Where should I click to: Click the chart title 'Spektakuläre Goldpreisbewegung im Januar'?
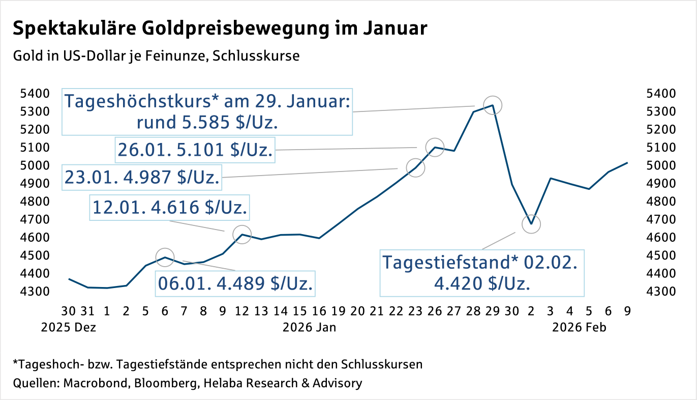click(x=220, y=29)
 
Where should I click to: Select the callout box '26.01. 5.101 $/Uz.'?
click(x=195, y=150)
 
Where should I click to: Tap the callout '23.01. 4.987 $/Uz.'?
click(x=142, y=177)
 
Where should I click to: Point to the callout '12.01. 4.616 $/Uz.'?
click(x=170, y=207)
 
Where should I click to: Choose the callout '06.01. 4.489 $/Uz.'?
click(x=235, y=283)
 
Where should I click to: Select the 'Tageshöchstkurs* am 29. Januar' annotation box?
click(x=207, y=112)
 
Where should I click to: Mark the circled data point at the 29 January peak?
click(x=492, y=105)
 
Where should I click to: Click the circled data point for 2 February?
click(x=531, y=224)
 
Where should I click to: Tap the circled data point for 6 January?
click(x=165, y=257)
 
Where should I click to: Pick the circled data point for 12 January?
click(x=242, y=234)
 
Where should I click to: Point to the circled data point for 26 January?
click(x=435, y=147)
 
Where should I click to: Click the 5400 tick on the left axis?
click(x=34, y=94)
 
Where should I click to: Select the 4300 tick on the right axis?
click(x=659, y=292)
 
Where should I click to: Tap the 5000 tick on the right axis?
click(x=659, y=165)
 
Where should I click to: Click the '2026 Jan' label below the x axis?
click(x=309, y=327)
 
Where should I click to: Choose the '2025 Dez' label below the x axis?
click(x=68, y=327)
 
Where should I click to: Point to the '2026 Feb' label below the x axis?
click(x=580, y=327)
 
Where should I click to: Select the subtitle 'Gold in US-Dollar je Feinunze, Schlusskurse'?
click(x=157, y=55)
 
